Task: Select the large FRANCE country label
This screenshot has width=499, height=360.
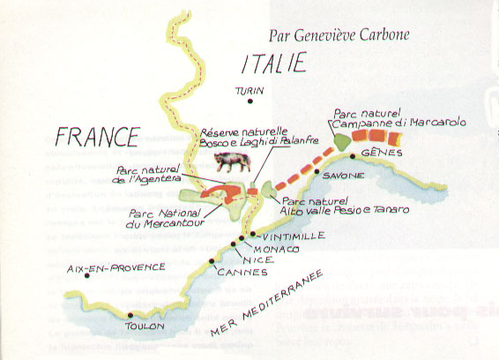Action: coord(97,137)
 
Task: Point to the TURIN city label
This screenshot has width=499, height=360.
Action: coord(249,91)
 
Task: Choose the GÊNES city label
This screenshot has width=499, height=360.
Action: coord(374,154)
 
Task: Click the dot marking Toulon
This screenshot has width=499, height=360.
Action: coord(130,315)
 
